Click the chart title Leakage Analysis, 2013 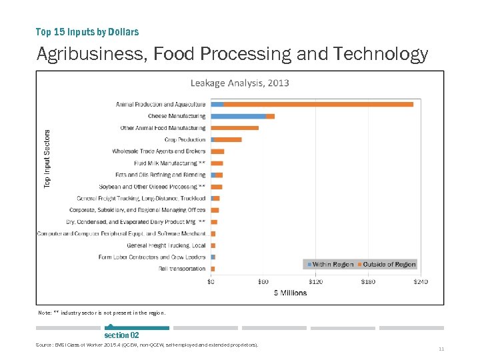[239, 83]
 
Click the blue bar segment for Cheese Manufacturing [238, 116]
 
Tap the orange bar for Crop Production [229, 139]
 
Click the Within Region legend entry [330, 265]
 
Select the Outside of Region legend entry [386, 265]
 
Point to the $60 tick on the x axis [263, 281]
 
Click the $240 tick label [420, 281]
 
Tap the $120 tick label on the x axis [315, 281]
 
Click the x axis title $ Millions [290, 293]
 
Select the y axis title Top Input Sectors [47, 158]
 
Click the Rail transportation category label [182, 269]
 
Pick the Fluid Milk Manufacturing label [169, 163]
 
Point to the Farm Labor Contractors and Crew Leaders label [152, 257]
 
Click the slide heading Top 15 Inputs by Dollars [87, 31]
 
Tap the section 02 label [121, 335]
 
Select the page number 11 [441, 349]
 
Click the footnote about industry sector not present [101, 313]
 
